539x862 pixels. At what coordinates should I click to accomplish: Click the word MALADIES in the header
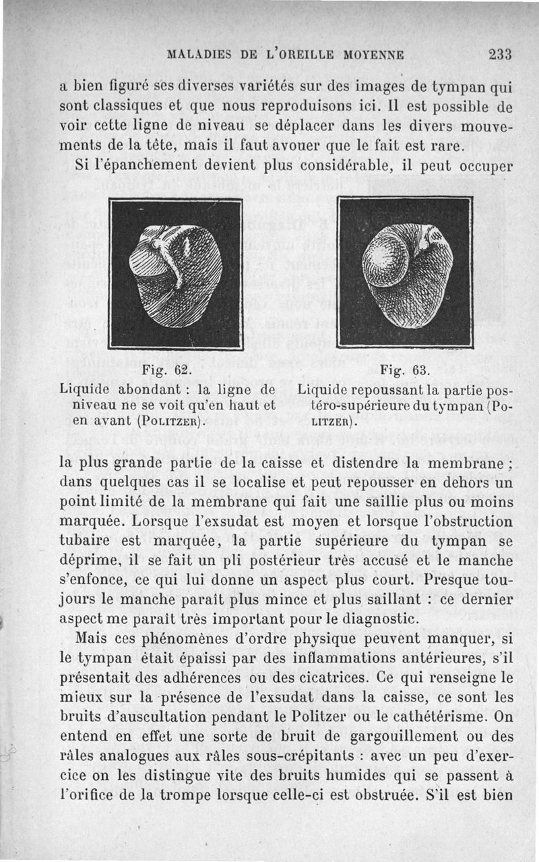click(x=195, y=55)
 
